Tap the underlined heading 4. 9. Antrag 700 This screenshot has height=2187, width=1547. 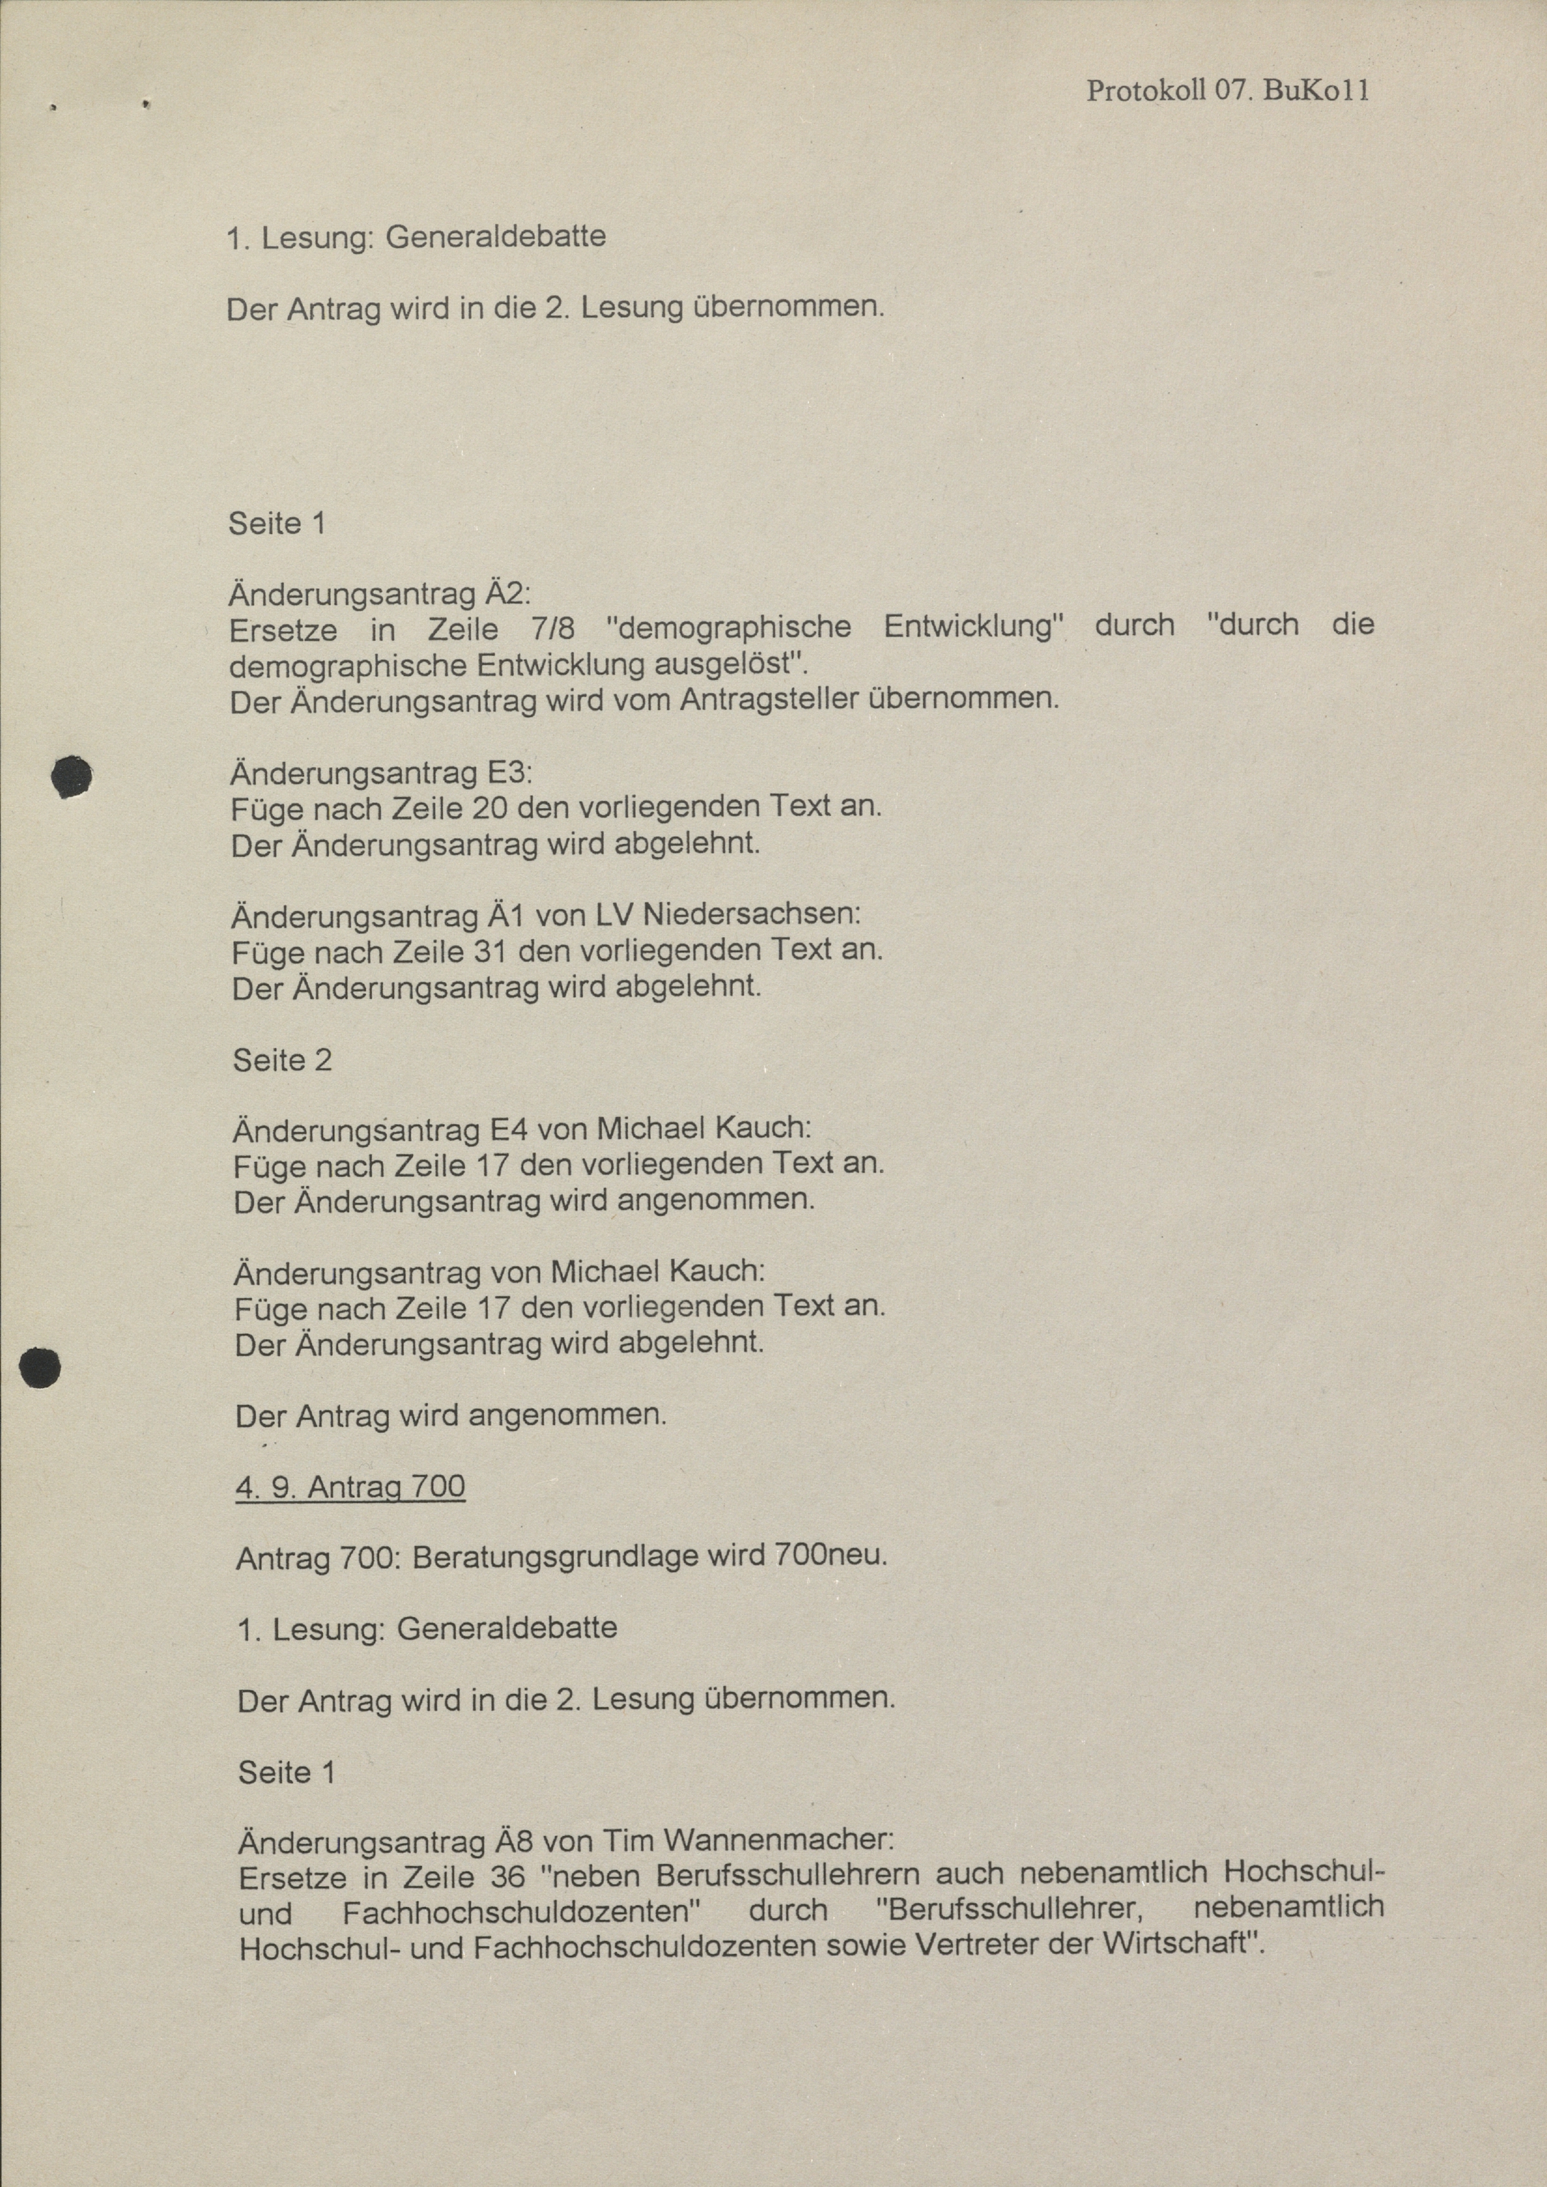click(x=350, y=1487)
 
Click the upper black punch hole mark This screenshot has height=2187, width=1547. click(x=72, y=776)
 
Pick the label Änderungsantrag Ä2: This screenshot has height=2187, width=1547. click(x=379, y=594)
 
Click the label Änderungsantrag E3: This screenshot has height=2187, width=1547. click(x=381, y=771)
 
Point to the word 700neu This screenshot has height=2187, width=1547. click(x=831, y=1556)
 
